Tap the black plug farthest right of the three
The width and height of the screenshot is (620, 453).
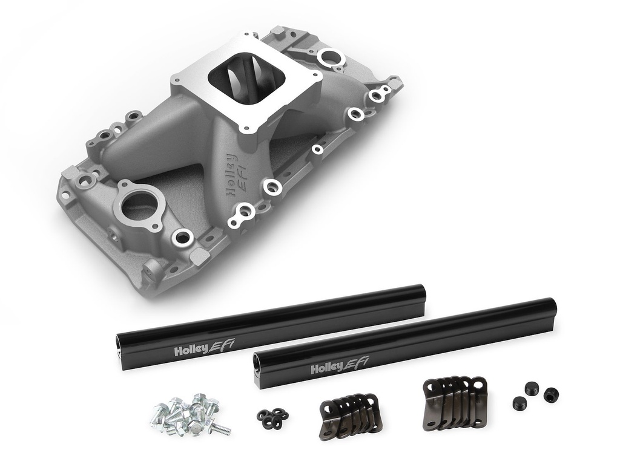[551, 395]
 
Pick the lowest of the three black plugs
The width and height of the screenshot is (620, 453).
[519, 403]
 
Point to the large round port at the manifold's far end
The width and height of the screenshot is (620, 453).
[331, 57]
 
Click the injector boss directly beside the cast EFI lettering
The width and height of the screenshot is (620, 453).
[272, 187]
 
